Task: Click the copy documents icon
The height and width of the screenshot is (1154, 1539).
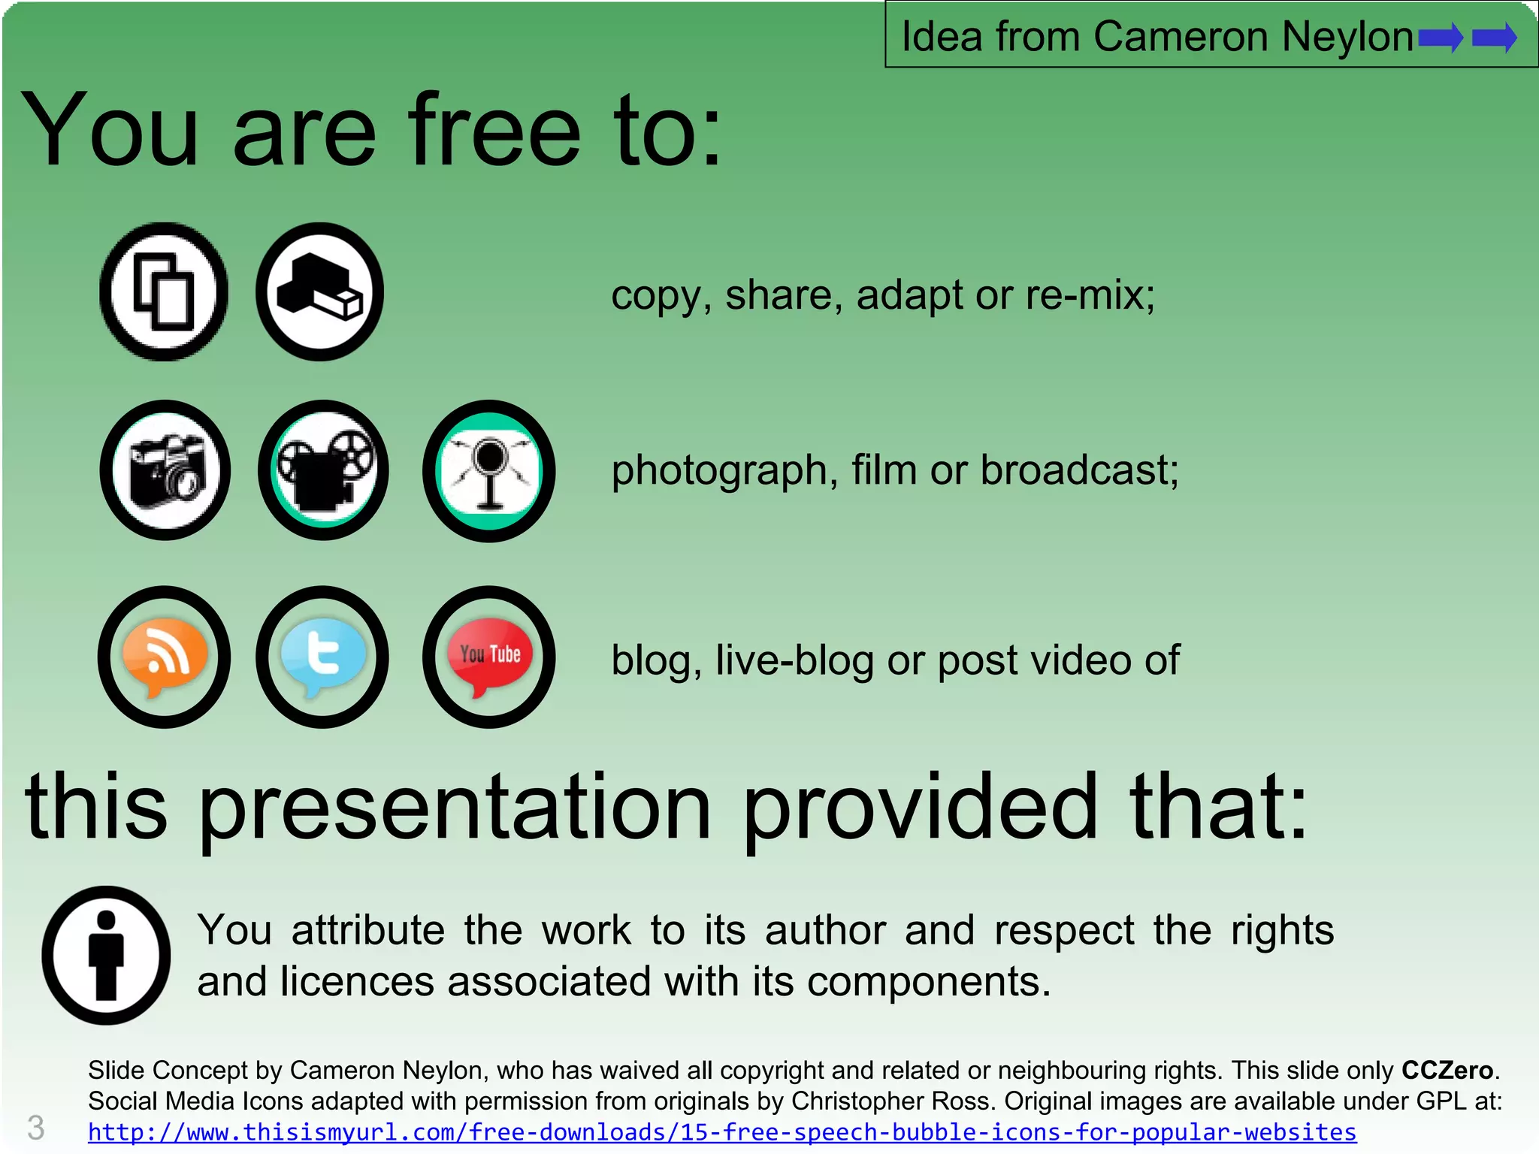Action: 164,292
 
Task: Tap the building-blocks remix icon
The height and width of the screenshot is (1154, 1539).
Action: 320,292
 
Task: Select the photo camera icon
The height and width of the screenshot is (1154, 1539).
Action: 165,470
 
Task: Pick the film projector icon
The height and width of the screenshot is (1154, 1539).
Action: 323,470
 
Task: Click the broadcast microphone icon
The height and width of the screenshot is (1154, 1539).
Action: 489,471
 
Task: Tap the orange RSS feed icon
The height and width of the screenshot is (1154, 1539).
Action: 164,657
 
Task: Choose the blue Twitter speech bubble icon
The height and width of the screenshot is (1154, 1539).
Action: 322,657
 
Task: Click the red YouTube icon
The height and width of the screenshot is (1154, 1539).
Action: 489,657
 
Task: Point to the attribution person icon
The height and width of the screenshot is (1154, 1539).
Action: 106,955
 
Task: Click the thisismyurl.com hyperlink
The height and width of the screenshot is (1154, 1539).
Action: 721,1131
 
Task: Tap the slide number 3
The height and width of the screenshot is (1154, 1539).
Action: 35,1128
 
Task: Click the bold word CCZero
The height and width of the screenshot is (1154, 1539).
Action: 1447,1070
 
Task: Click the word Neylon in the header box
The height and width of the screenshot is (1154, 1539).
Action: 1347,37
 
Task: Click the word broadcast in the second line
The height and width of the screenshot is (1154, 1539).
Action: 1079,471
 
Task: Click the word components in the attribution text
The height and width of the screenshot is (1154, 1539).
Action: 929,982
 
